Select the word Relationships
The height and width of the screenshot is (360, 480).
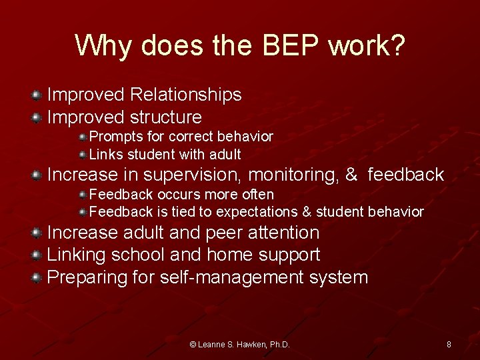coord(186,95)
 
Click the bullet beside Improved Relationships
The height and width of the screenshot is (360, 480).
coord(37,96)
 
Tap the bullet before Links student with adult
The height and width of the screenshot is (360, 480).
coord(83,155)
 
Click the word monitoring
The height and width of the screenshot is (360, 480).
coord(293,175)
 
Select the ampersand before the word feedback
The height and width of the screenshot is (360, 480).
coord(351,175)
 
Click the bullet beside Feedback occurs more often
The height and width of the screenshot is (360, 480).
coord(83,195)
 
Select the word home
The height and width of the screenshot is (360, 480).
coord(231,255)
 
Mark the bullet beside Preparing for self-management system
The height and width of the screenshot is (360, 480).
coord(37,277)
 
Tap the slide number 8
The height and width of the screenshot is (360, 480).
coord(449,345)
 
